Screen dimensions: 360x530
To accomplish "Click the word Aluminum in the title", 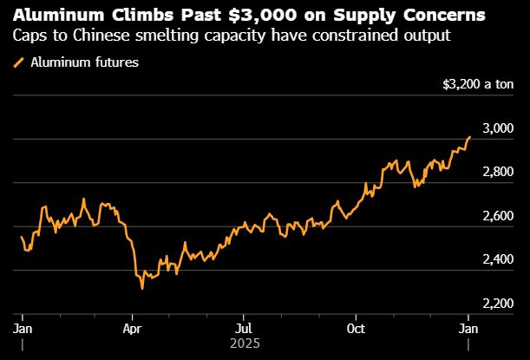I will (x=56, y=16).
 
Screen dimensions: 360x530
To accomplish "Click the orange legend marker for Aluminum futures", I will (x=19, y=62).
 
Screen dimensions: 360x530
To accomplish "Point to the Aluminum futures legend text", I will (x=85, y=62).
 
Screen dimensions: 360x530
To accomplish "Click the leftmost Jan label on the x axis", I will (x=22, y=329).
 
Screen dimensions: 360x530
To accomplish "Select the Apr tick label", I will (x=132, y=329).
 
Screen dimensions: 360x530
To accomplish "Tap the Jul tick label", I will (x=245, y=329).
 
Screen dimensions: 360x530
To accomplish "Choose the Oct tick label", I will (x=356, y=329).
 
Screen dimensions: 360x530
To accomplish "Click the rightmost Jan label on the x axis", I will (x=468, y=329).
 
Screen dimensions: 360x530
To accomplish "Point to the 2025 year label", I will (x=245, y=344).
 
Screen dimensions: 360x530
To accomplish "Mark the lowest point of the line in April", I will (x=141, y=288).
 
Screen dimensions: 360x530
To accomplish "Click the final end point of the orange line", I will (x=469, y=136).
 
